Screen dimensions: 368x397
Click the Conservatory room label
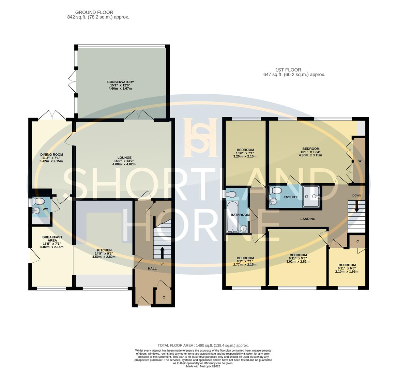click(120, 82)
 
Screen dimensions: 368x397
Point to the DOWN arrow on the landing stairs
click(356, 206)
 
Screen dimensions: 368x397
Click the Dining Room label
click(51, 155)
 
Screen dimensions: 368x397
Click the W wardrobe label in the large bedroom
click(360, 161)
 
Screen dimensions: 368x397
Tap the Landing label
click(308, 219)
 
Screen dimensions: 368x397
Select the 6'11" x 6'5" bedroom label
click(347, 265)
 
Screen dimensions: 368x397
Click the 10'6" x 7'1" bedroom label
click(245, 150)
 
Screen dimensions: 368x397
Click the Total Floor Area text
click(203, 345)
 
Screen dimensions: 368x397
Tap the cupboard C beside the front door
click(164, 297)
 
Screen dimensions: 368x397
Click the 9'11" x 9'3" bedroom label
click(298, 255)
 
